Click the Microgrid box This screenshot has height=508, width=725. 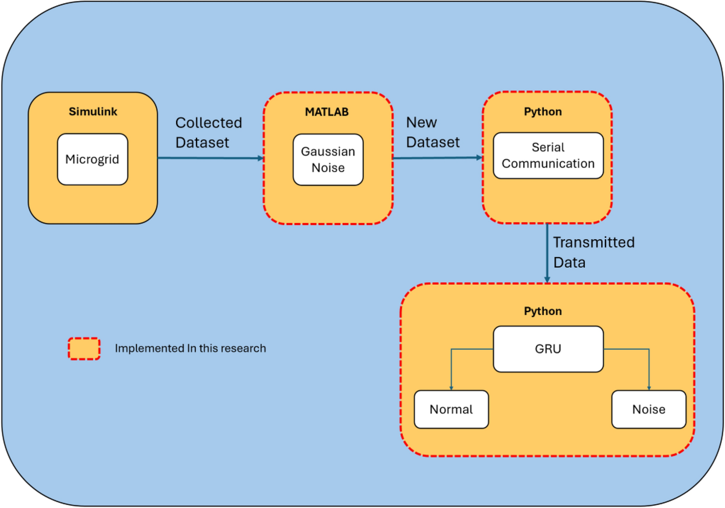point(92,159)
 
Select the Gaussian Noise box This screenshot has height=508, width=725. point(328,160)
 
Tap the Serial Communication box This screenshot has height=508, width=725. point(548,155)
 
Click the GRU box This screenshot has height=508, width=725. point(548,349)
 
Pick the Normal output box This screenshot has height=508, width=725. point(451,409)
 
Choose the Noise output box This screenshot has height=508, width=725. point(648,409)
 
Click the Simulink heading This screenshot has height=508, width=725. point(93,111)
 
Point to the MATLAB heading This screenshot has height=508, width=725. point(327,112)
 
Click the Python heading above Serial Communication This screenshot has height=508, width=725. point(543,111)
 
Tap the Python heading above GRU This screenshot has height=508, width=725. point(543,311)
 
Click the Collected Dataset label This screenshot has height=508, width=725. point(208,133)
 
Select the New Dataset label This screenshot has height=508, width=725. point(432,132)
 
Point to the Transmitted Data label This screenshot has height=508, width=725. point(593,252)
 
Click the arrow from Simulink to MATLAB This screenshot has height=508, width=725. point(210,158)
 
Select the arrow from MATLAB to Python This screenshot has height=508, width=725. point(437,158)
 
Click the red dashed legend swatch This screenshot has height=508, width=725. point(84,348)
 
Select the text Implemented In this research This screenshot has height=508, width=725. point(190,348)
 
